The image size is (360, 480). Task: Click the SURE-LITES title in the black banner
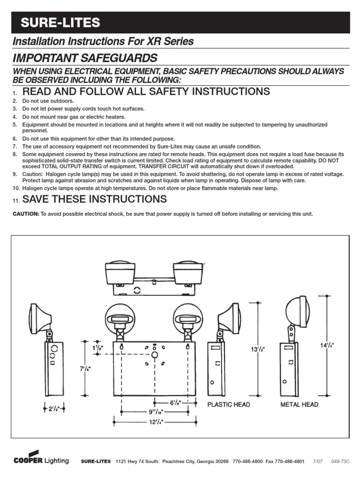tap(60, 22)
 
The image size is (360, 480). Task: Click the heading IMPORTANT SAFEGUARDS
tap(85, 58)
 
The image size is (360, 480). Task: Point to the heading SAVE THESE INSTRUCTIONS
tap(94, 199)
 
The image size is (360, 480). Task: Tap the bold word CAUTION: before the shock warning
tap(26, 214)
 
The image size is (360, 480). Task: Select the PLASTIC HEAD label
tap(229, 405)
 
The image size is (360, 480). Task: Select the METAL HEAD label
tap(299, 405)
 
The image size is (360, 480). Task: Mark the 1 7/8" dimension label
tap(98, 348)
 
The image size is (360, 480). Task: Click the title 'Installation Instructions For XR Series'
tap(103, 41)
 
